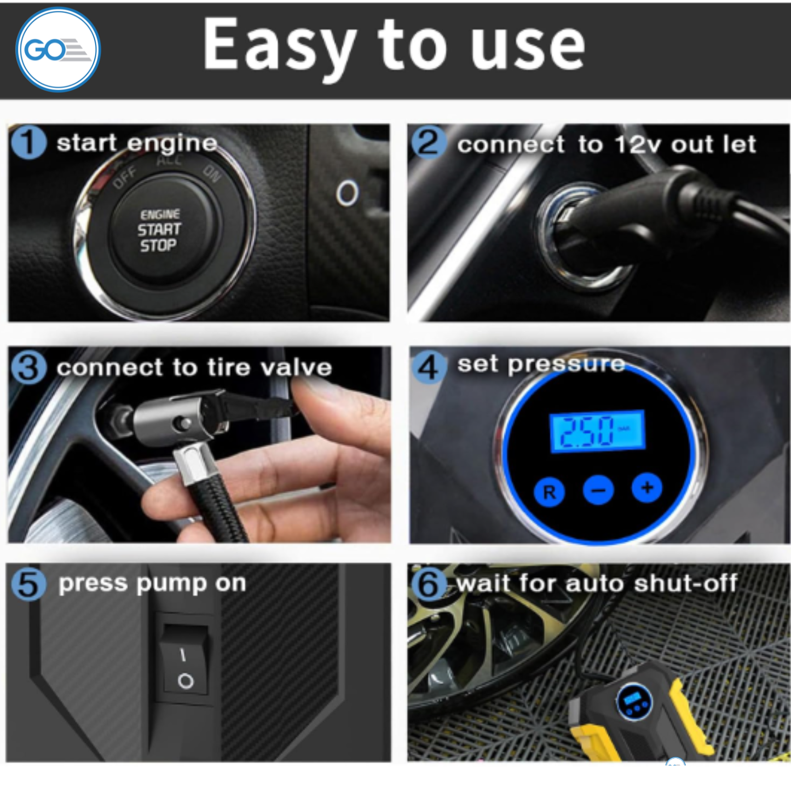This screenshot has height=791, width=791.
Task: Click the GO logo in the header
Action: pos(57,50)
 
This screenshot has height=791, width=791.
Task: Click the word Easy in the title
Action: pos(279,45)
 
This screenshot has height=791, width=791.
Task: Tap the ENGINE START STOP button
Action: pos(159,230)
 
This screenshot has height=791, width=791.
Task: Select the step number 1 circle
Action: pos(28,142)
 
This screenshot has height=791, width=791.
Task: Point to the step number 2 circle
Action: pos(429,142)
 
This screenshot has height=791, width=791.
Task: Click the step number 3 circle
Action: pos(28,367)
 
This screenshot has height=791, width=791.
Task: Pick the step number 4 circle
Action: pos(429,366)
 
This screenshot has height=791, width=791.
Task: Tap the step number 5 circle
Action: pos(28,584)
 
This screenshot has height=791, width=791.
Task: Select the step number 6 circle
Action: pos(429,584)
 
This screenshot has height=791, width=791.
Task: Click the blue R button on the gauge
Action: pos(549,492)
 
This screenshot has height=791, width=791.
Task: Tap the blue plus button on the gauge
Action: pos(647,488)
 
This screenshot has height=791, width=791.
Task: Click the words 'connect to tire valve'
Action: pos(194,367)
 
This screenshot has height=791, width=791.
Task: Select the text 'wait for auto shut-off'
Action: pos(597,584)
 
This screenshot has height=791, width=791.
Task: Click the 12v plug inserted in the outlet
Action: pos(619,219)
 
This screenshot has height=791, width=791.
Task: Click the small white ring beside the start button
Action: pos(347,193)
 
